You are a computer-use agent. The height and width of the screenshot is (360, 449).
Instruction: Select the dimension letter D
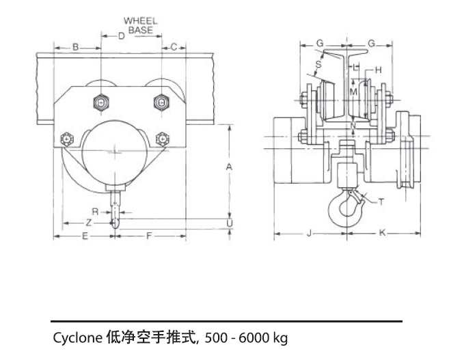coord(121,36)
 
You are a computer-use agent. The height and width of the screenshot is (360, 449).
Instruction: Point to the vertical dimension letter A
coord(230,166)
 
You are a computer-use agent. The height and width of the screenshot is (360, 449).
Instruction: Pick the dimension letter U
coord(230,223)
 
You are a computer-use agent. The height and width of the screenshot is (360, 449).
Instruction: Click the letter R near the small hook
coord(95,212)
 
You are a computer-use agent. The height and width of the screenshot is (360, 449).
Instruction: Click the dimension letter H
coord(378,70)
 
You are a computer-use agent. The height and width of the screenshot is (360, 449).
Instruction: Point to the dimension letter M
coord(353,91)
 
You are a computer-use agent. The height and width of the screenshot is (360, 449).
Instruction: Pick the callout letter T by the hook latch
coord(381,202)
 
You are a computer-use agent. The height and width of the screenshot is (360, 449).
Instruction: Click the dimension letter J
coord(310,233)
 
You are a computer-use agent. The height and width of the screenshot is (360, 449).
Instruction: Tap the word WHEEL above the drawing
coord(140,21)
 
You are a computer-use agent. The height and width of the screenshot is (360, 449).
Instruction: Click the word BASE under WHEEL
coord(140,30)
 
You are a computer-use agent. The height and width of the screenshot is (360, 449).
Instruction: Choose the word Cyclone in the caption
coord(77,337)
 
